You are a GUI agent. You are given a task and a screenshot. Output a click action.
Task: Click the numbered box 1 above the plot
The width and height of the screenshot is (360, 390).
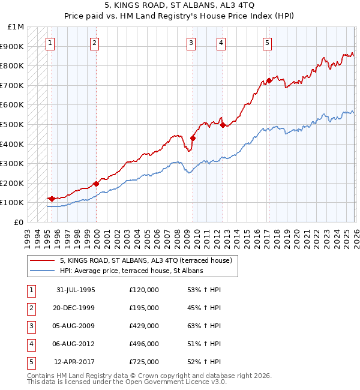point(50,43)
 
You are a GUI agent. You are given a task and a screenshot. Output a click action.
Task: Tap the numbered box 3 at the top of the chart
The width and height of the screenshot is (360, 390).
point(191,43)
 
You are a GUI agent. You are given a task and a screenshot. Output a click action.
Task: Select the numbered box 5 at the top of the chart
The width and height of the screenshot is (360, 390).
point(267,43)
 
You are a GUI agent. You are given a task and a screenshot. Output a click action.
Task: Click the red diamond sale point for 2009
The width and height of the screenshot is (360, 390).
point(193,138)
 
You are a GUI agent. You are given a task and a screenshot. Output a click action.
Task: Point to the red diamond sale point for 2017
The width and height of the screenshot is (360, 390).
point(269,80)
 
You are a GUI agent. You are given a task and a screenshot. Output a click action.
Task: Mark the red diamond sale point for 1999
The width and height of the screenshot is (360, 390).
point(96,184)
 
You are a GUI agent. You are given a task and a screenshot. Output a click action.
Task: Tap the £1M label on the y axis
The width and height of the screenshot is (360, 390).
point(16,27)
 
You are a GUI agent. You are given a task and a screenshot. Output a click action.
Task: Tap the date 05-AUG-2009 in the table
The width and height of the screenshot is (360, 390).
point(76,326)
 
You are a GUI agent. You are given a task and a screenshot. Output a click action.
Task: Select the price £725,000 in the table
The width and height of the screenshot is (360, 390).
point(144,362)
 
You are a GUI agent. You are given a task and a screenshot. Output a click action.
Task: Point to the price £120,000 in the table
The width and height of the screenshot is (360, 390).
point(144,290)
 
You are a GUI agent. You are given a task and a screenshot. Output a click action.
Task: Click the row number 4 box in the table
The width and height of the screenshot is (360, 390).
point(29,344)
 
